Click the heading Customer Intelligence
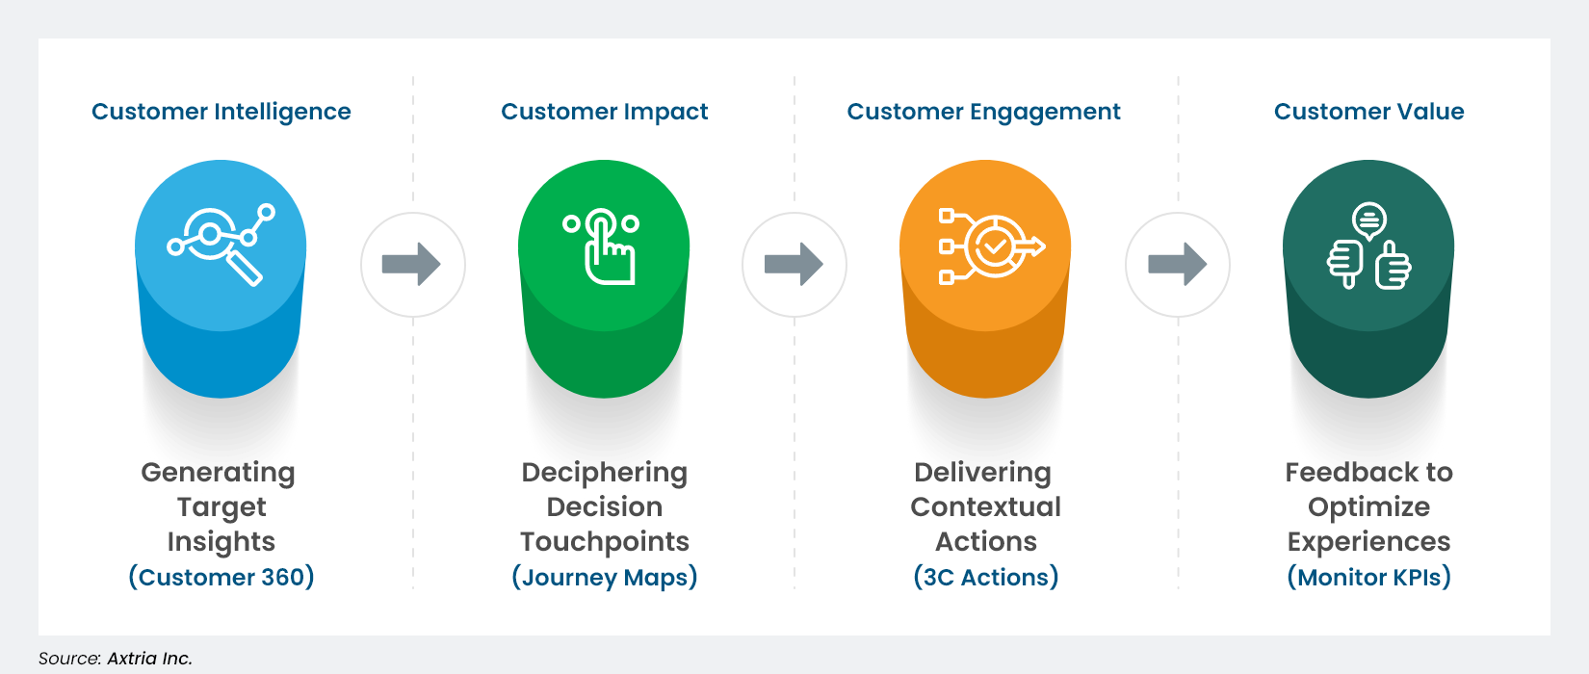(x=221, y=112)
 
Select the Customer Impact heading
(x=604, y=112)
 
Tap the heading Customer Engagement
(x=983, y=112)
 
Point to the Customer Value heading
(x=1368, y=112)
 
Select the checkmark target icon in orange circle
(x=988, y=246)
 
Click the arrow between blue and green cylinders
(x=412, y=264)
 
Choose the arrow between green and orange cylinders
(x=794, y=264)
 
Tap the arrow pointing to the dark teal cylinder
(x=1177, y=264)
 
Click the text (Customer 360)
(x=221, y=577)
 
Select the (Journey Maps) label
(x=604, y=577)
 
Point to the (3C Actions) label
(x=985, y=577)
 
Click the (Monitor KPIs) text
(x=1368, y=577)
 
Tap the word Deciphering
(x=604, y=473)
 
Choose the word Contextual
(x=985, y=506)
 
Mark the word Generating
(x=219, y=473)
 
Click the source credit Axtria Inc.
(x=149, y=659)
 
